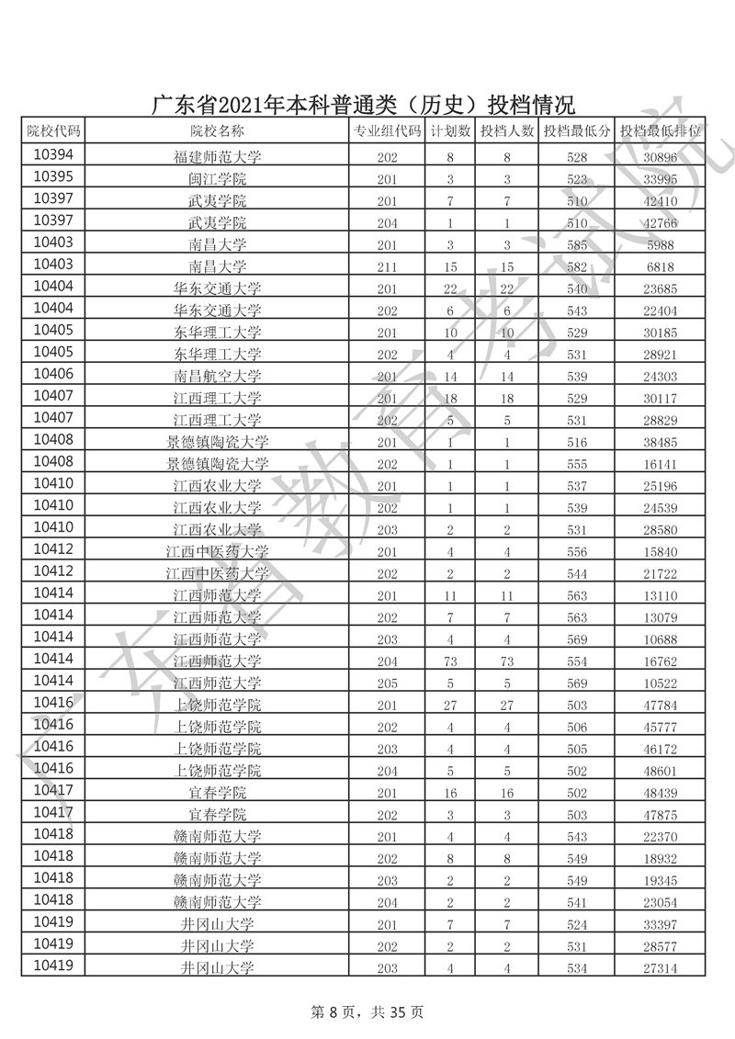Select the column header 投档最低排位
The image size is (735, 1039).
click(x=661, y=131)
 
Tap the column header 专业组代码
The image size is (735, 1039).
click(x=387, y=131)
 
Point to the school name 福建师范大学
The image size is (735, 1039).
click(x=218, y=156)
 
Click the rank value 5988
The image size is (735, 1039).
click(x=661, y=244)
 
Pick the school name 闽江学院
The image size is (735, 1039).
click(x=218, y=178)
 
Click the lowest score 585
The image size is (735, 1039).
click(x=577, y=244)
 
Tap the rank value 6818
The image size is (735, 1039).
click(x=661, y=266)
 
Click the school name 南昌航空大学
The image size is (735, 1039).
click(x=218, y=376)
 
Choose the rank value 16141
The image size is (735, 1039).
click(x=661, y=464)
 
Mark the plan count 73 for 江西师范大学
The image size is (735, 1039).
click(x=450, y=661)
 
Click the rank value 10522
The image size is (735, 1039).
click(x=661, y=683)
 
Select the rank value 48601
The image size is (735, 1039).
click(x=661, y=770)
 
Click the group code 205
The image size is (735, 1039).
click(x=387, y=683)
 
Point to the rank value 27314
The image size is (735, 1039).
click(x=661, y=967)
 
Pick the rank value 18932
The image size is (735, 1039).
click(x=661, y=858)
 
